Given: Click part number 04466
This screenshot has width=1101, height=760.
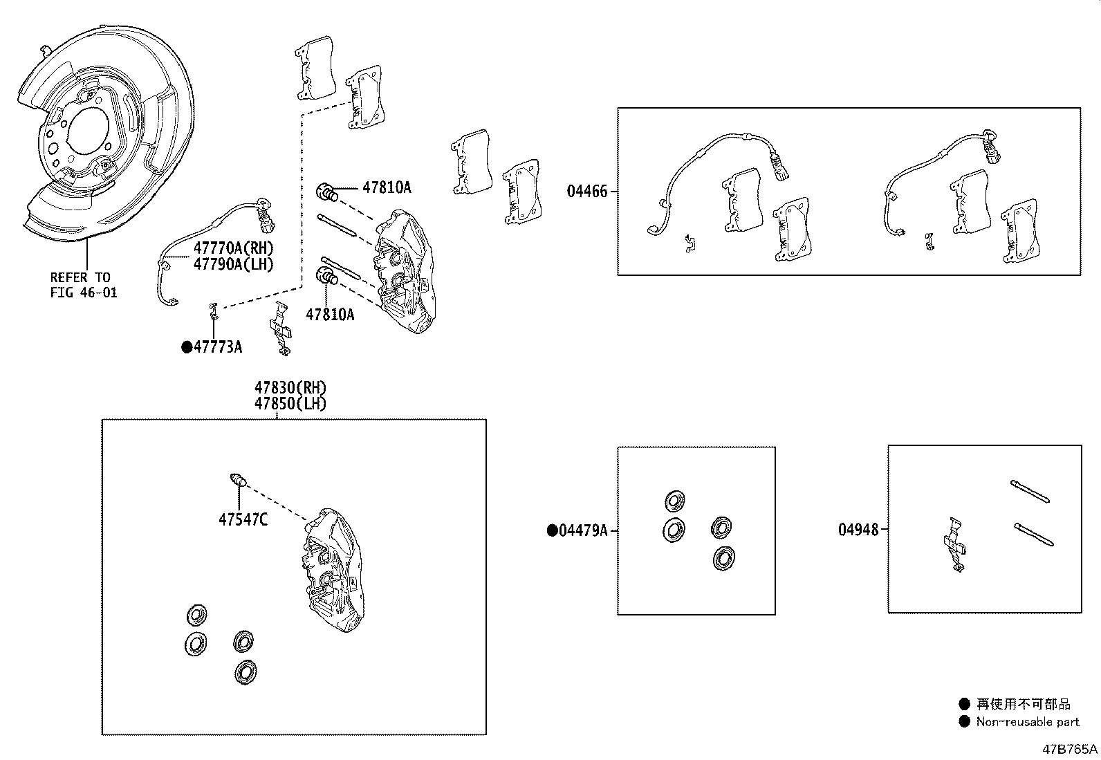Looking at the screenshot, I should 587,192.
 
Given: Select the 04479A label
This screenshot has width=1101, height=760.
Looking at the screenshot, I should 583,530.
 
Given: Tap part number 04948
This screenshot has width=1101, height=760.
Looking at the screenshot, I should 858,530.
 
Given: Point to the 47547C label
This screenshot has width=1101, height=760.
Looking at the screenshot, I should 243,519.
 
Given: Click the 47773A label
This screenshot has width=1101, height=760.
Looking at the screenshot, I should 218,347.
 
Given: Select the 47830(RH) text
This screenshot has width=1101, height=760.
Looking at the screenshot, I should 290,388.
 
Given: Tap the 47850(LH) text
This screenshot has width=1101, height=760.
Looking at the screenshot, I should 290,404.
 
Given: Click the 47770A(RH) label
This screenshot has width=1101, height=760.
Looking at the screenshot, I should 233,248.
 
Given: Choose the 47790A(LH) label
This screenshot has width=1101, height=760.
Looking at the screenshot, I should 233,263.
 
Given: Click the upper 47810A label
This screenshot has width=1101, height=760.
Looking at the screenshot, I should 387,187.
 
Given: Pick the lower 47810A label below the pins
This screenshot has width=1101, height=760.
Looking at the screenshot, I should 330,315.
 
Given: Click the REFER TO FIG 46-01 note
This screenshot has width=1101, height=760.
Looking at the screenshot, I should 84,285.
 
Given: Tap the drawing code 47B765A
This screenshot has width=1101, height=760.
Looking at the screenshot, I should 1071,749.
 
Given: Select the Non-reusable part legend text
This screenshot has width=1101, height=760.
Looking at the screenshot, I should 1027,722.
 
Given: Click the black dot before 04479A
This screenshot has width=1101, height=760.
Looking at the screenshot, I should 552,530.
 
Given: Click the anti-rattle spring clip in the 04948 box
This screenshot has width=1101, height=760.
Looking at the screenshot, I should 954,543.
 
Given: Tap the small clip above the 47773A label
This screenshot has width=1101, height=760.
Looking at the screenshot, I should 215,311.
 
